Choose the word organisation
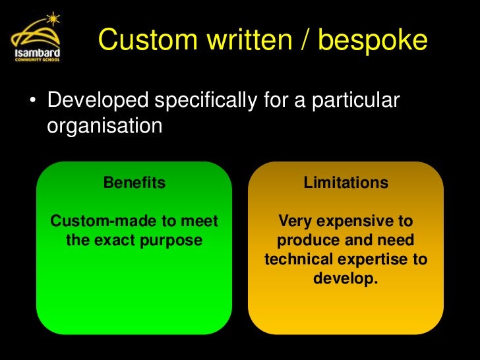tap(104, 125)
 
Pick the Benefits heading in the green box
tap(135, 183)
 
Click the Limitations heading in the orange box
tap(345, 183)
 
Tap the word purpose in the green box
tap(173, 240)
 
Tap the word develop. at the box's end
tap(345, 278)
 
